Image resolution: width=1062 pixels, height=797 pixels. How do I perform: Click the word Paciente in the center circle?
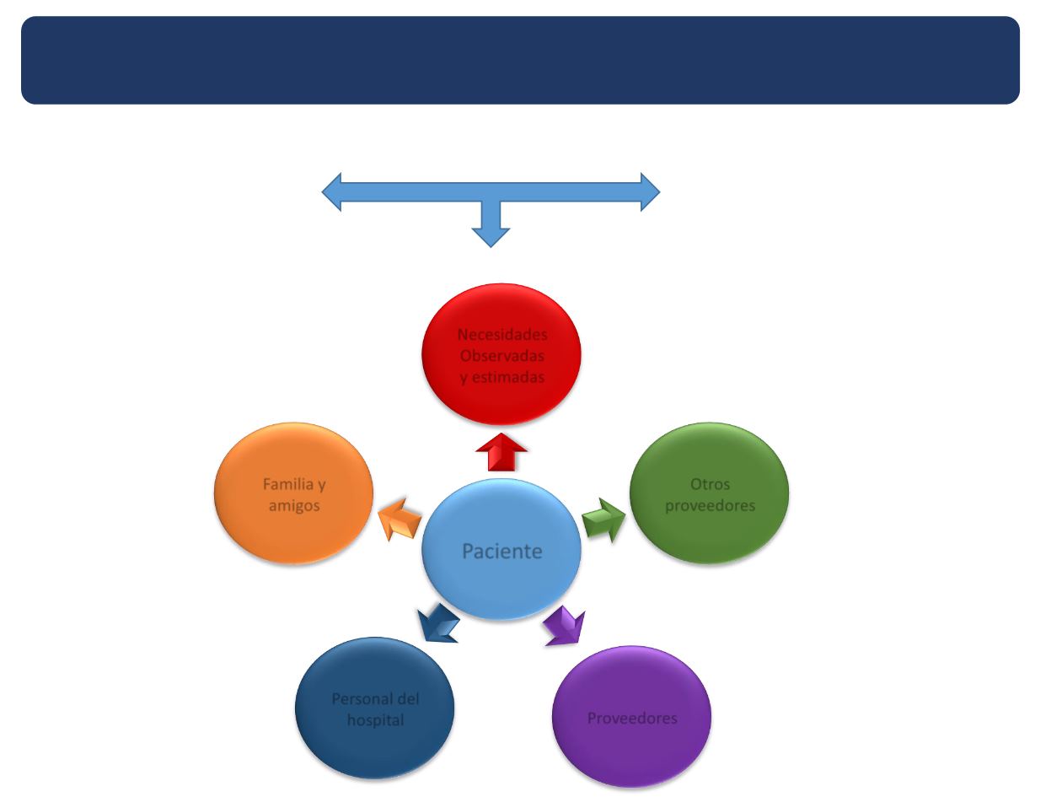click(x=501, y=552)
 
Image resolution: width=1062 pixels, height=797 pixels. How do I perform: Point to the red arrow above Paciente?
click(x=501, y=454)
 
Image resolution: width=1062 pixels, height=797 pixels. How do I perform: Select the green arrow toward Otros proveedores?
click(x=604, y=520)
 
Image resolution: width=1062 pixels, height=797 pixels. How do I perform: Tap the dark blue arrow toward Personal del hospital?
click(x=439, y=624)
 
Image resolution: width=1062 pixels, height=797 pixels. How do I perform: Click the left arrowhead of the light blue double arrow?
click(x=333, y=191)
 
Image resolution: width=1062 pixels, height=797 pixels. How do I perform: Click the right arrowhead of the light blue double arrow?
click(x=649, y=191)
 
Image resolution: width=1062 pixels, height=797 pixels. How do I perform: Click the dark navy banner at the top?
click(x=520, y=60)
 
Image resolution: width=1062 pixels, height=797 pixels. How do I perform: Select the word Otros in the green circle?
click(x=709, y=486)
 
